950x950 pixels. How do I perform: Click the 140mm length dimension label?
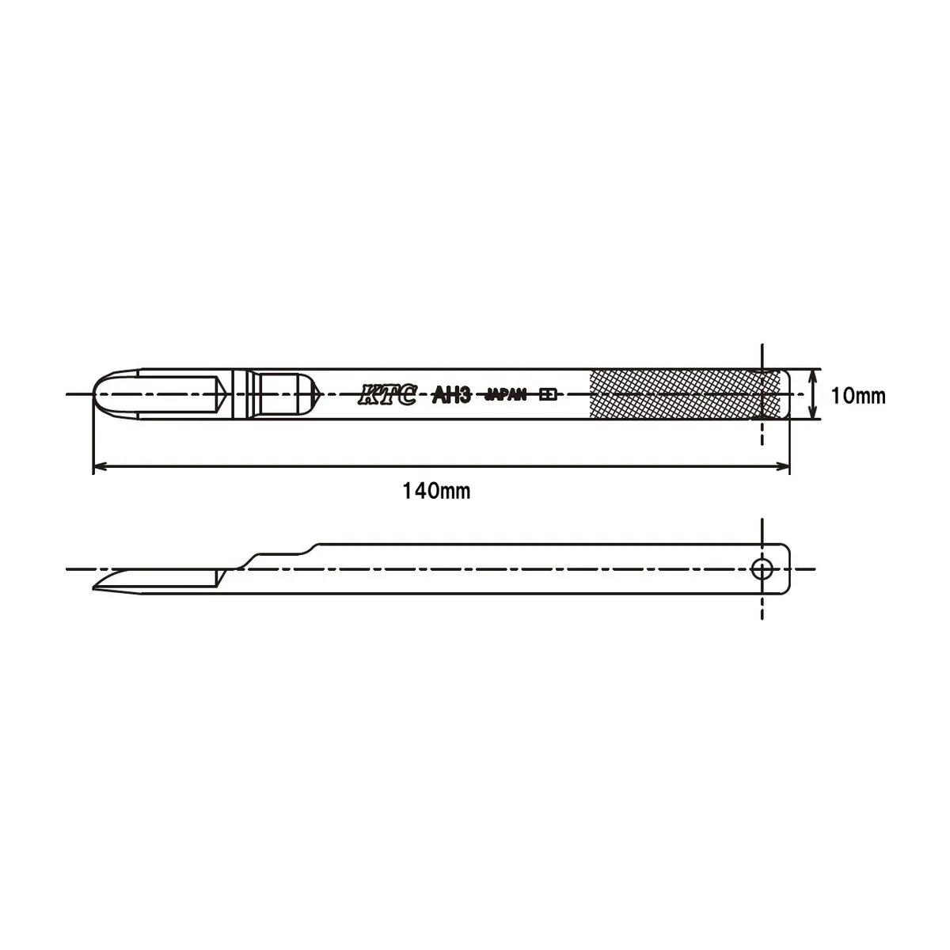(436, 492)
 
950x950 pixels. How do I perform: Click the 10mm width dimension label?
(858, 397)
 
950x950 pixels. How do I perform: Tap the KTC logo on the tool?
(387, 395)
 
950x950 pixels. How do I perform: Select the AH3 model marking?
(452, 395)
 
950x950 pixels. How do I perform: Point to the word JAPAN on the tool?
(506, 395)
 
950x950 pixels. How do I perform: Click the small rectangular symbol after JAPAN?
(548, 395)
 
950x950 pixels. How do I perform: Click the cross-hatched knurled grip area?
(685, 394)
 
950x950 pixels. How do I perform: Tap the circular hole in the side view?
(762, 570)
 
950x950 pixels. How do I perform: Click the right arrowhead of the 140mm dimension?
(784, 465)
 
